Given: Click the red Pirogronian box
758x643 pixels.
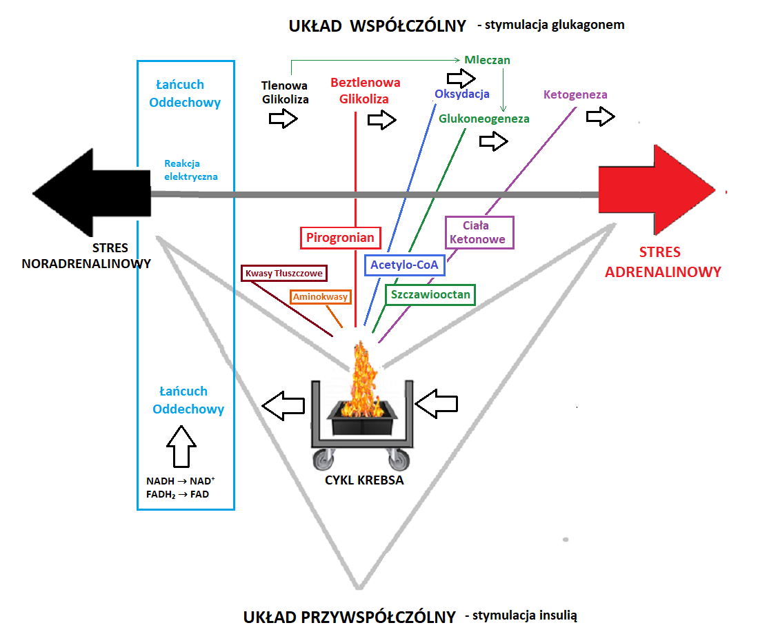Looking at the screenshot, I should click(341, 238).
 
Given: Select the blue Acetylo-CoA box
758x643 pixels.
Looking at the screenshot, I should click(403, 264).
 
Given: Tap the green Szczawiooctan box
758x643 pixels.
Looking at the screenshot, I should click(430, 295).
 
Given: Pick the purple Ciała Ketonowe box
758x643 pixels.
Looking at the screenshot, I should click(479, 232).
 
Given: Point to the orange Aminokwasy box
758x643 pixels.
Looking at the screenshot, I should click(320, 297).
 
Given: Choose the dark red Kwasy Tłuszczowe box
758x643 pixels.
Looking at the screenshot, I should click(283, 274).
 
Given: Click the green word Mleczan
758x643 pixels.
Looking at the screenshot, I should click(487, 60).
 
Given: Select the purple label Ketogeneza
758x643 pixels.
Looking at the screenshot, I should click(575, 94).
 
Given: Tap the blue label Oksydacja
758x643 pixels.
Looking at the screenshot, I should click(462, 94).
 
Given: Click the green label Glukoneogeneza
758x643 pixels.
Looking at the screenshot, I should click(484, 119).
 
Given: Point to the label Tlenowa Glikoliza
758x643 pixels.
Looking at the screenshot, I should click(285, 92).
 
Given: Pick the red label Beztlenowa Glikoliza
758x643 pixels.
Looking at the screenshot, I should click(366, 90).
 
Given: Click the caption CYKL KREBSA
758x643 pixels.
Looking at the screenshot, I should click(364, 480).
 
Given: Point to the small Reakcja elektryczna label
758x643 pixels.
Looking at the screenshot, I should click(191, 170).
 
